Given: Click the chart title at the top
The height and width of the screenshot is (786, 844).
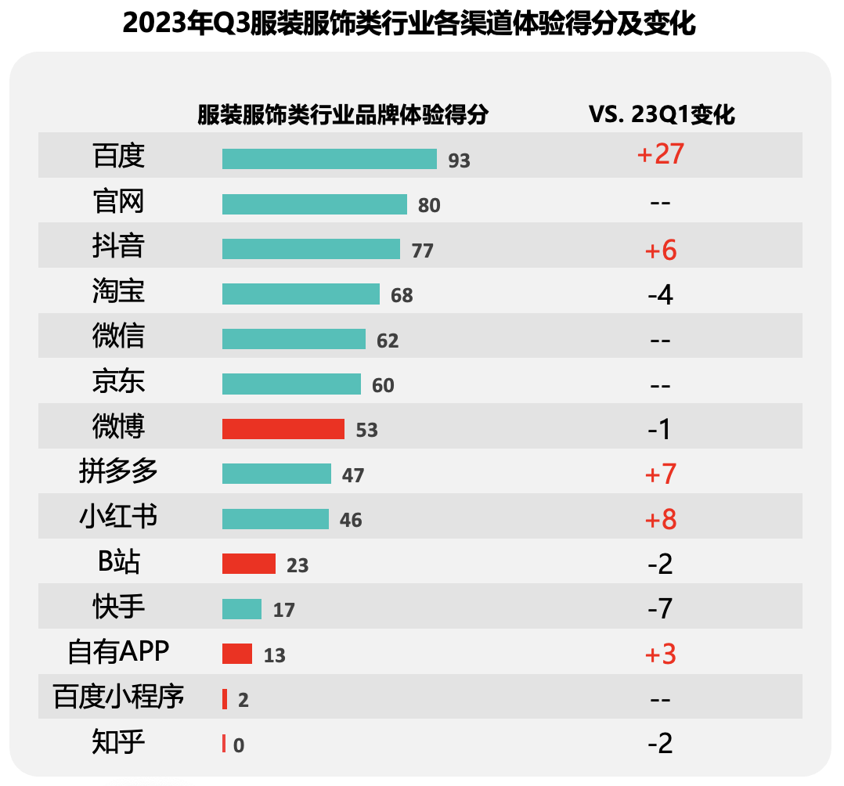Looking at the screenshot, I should [x=409, y=24].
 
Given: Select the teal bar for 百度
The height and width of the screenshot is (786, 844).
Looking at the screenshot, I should [x=329, y=159].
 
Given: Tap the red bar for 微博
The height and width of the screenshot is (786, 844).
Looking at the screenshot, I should [x=283, y=429].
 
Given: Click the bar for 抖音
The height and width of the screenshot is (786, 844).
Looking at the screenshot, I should [x=311, y=249].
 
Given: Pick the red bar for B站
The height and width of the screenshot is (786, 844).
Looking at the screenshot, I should [x=249, y=564].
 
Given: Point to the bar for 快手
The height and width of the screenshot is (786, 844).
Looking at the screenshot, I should [x=242, y=609].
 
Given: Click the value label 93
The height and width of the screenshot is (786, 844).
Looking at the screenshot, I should [x=459, y=160].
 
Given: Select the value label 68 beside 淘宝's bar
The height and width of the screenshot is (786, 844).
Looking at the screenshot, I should [x=402, y=296].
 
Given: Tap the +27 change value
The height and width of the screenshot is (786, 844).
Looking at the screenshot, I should [x=661, y=154].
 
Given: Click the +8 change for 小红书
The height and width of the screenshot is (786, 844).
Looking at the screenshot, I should [x=661, y=520].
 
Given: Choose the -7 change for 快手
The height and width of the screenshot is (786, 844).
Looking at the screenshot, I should [x=661, y=608].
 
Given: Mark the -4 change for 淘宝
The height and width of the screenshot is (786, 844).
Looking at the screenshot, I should [x=661, y=295].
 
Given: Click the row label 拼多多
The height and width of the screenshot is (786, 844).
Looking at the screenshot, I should [x=118, y=472].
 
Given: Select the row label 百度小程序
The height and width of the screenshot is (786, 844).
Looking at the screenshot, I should [x=118, y=696].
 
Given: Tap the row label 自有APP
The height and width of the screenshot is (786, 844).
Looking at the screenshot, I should [x=118, y=651].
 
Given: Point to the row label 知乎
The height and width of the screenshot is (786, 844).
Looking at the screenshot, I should [x=118, y=741].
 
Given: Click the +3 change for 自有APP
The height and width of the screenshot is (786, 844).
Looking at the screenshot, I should [x=661, y=654].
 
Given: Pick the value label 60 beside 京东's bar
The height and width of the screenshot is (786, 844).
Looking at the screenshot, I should [x=383, y=386].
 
